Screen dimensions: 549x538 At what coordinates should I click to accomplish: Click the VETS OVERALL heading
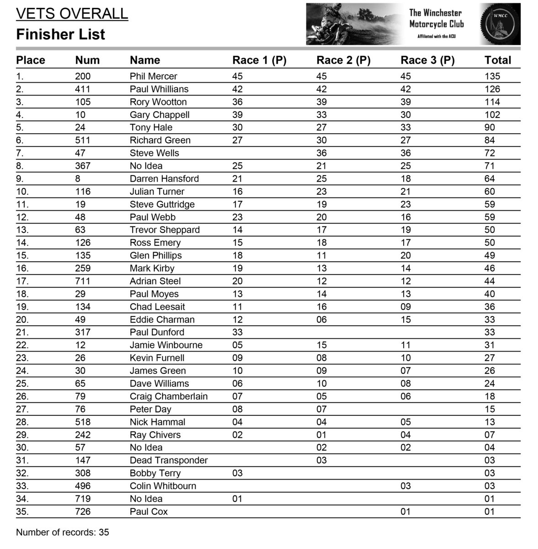click(x=72, y=14)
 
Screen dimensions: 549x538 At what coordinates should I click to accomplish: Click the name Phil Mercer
click(x=153, y=76)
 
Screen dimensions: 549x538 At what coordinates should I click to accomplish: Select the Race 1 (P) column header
click(x=259, y=60)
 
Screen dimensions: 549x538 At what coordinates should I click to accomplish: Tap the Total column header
click(x=497, y=60)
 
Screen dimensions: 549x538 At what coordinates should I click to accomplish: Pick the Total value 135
click(x=492, y=76)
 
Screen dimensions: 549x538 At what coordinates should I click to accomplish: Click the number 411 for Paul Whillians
click(x=83, y=89)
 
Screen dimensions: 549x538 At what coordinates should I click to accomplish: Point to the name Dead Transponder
click(x=169, y=461)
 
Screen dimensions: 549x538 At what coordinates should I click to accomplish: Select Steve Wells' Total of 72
click(x=490, y=153)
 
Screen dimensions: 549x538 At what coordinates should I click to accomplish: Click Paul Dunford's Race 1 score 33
click(x=237, y=333)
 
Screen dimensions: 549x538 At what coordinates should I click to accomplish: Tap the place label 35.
click(x=22, y=512)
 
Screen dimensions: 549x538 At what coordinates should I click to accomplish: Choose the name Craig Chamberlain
click(x=169, y=397)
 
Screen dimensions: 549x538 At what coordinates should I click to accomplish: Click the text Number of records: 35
click(x=63, y=533)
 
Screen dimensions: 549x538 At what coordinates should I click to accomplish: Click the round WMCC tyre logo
click(x=500, y=24)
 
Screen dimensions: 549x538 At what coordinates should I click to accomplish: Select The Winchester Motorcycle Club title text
click(x=436, y=19)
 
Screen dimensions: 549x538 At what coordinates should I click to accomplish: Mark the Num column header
click(x=87, y=60)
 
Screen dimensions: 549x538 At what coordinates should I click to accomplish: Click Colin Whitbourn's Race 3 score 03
click(x=405, y=486)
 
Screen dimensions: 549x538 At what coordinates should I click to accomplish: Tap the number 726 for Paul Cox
click(x=83, y=512)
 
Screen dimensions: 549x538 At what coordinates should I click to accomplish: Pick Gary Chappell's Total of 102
click(x=492, y=115)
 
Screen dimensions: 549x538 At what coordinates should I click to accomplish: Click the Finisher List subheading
click(x=60, y=34)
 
